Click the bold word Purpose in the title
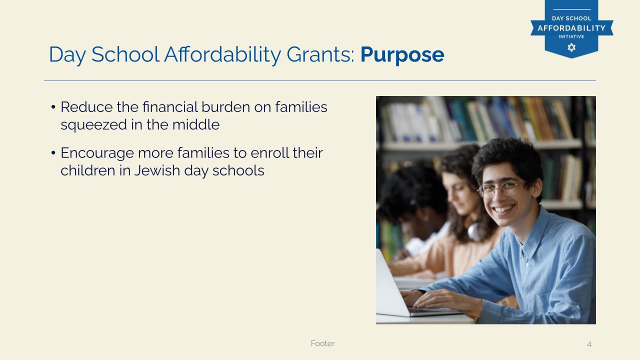[402, 55]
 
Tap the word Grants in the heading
[320, 54]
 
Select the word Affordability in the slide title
[222, 54]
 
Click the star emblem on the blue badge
[571, 47]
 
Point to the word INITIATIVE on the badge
[571, 36]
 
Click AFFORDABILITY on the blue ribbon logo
[571, 28]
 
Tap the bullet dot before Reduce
[53, 107]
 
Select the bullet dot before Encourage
[53, 153]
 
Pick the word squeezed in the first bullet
[93, 125]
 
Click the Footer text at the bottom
[323, 343]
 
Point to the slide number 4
[589, 344]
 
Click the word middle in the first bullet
[195, 124]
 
